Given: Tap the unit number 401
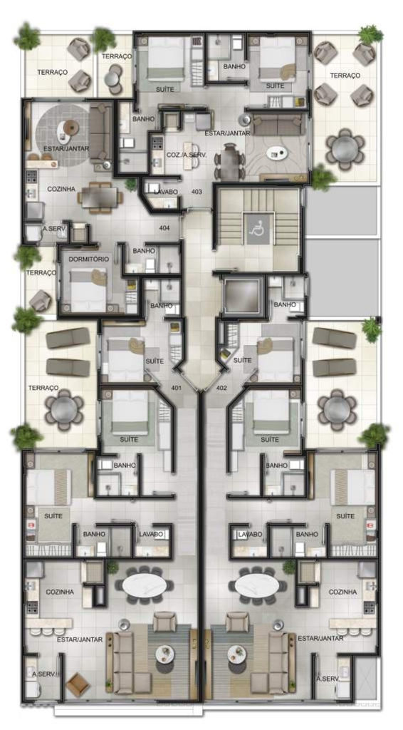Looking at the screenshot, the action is click(x=176, y=387).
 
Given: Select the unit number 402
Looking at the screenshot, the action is click(x=221, y=387).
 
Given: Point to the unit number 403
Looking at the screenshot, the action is click(x=197, y=191).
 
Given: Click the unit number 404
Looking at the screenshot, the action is click(x=164, y=228).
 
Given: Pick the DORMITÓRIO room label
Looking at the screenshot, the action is click(x=89, y=259).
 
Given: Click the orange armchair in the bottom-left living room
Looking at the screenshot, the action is click(x=78, y=685).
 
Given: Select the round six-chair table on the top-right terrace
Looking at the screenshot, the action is click(x=345, y=149).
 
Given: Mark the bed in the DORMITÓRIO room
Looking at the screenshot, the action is click(x=88, y=289).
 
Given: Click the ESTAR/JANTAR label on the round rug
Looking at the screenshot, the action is click(x=66, y=148).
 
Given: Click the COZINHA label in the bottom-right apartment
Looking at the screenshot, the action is click(x=342, y=592).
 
